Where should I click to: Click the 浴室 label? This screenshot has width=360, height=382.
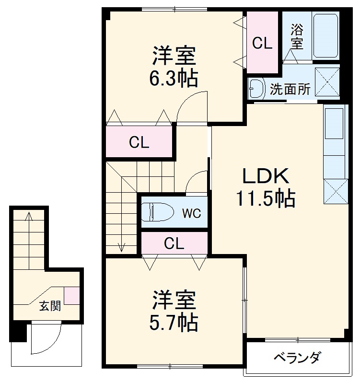[x=297, y=36]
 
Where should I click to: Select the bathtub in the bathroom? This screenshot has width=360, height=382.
[x=326, y=35]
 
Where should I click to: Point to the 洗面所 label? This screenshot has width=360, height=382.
[x=290, y=89]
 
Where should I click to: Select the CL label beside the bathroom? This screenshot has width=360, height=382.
[x=262, y=44]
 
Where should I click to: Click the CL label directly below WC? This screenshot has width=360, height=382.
[x=174, y=243]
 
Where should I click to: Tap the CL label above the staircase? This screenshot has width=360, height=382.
[x=139, y=142]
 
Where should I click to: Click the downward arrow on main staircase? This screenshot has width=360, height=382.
[x=121, y=246]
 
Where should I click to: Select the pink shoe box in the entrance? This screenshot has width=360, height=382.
[x=72, y=295]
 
